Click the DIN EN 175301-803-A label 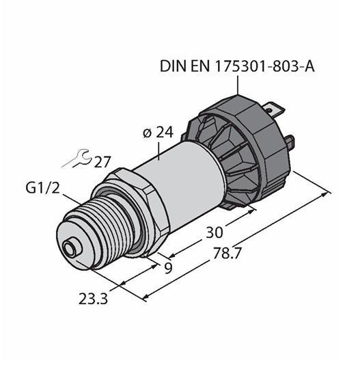click(x=237, y=66)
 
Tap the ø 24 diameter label click(x=158, y=133)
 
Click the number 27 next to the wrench click(x=102, y=162)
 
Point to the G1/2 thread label click(x=42, y=188)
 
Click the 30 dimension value click(x=214, y=232)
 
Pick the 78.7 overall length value click(x=226, y=254)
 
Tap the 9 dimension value click(x=168, y=268)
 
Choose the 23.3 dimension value click(x=93, y=299)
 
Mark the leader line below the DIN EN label click(x=238, y=85)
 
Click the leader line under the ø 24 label click(x=158, y=151)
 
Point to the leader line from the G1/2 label click(x=73, y=201)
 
